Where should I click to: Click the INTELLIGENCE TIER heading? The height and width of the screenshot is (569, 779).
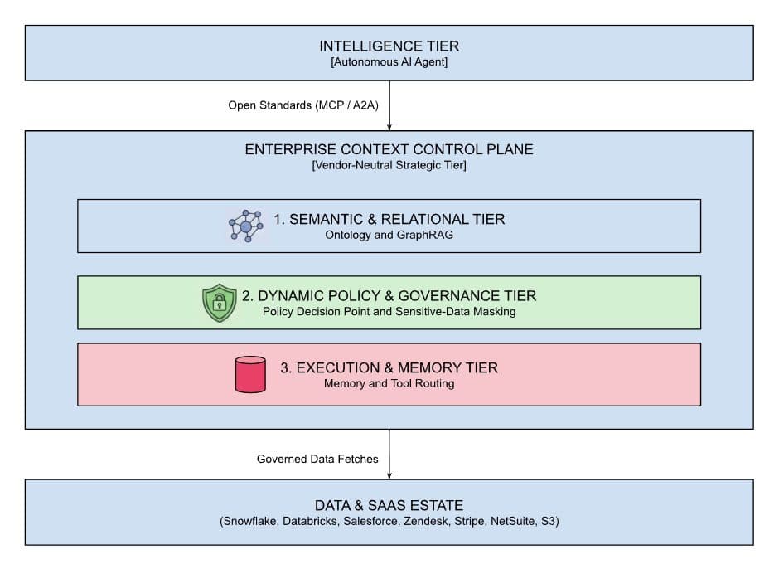pos(389,46)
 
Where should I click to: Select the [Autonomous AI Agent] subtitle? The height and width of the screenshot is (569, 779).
pos(389,62)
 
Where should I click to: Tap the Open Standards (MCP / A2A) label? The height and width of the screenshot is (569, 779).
pos(303,105)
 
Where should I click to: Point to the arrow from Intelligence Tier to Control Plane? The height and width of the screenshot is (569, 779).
pos(389,105)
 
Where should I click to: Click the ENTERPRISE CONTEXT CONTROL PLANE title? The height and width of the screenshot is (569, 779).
pos(389,149)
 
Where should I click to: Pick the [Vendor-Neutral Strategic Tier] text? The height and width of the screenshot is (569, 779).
pos(389,165)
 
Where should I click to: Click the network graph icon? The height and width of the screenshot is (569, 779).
pos(246,226)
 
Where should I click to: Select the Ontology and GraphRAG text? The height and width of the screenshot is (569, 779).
pos(389,235)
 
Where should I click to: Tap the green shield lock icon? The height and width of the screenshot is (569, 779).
pos(219,303)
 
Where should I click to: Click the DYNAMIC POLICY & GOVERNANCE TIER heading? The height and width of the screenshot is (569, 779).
pos(389,296)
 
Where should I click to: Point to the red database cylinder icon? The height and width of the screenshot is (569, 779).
pos(250,375)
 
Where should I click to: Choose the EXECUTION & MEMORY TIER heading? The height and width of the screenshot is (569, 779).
pos(389,368)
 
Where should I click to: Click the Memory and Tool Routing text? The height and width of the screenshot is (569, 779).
pos(389,383)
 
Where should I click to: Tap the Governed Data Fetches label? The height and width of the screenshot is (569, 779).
pos(317,459)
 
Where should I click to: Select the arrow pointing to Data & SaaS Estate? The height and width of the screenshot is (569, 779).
pos(389,454)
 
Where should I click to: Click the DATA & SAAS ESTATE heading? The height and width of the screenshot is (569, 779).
pos(389,506)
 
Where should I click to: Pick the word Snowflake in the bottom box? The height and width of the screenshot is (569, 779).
pos(250,521)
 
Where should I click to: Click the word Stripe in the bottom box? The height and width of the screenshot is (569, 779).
pos(469,521)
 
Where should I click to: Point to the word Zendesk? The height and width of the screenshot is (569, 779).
pos(425,521)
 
